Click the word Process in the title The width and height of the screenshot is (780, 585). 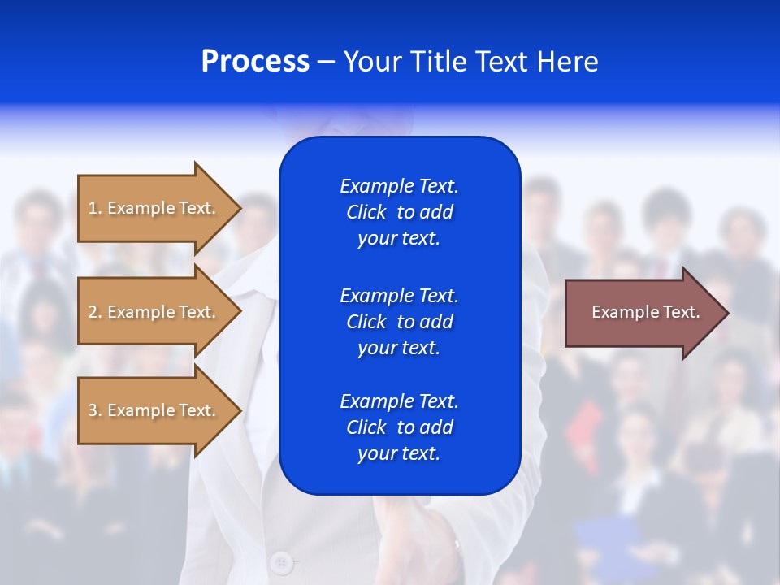tap(255, 62)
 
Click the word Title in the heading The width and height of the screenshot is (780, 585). tap(439, 62)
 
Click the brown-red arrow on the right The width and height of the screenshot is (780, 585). tap(642, 312)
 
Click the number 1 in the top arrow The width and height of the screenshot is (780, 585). tap(93, 208)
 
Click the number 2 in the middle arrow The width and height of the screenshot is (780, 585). tap(93, 312)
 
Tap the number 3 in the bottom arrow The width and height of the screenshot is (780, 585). tap(93, 410)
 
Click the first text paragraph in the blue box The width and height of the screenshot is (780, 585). tap(399, 212)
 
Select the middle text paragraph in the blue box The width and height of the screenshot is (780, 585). tap(399, 321)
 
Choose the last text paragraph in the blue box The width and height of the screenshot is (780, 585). tap(399, 427)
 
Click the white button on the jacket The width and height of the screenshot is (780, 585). tap(281, 561)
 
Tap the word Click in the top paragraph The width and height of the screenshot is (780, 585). tap(366, 212)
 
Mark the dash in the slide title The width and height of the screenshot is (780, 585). tap(326, 62)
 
